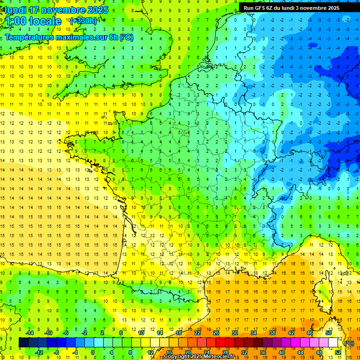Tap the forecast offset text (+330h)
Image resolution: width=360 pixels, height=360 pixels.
click(x=83, y=21)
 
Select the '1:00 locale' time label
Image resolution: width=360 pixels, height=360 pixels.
click(x=33, y=21)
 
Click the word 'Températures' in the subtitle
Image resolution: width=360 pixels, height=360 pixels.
click(x=30, y=37)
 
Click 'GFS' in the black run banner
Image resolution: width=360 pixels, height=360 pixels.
click(x=260, y=7)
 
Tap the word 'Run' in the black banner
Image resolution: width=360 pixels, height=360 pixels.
click(x=248, y=7)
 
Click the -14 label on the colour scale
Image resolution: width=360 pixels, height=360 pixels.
click(x=29, y=333)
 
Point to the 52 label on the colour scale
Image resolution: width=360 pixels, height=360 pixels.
click(x=338, y=352)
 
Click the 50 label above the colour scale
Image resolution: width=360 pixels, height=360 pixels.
click(x=328, y=333)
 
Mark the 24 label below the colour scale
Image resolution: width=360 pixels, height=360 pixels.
click(x=207, y=352)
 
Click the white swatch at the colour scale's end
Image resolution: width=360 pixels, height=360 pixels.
click(x=333, y=343)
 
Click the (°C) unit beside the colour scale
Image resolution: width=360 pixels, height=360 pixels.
click(x=349, y=343)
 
